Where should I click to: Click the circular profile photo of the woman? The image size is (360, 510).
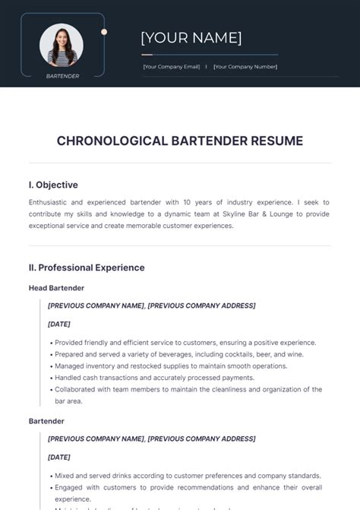[x=62, y=45]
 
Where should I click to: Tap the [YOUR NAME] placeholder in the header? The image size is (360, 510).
[x=191, y=38]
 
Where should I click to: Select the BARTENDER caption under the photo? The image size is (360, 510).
[x=62, y=76]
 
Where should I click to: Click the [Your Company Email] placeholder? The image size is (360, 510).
[x=172, y=67]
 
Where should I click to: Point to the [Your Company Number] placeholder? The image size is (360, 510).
[x=245, y=67]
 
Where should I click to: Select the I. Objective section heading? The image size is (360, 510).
[x=53, y=185]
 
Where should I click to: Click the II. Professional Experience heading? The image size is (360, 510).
[x=87, y=268]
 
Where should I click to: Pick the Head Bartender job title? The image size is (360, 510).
[x=56, y=288]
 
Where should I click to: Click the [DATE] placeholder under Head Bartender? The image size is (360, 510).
[x=59, y=324]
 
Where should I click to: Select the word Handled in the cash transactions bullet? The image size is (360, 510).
[x=71, y=377]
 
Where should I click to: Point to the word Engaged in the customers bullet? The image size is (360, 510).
[x=71, y=487]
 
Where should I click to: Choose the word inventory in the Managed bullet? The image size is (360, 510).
[x=103, y=366]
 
